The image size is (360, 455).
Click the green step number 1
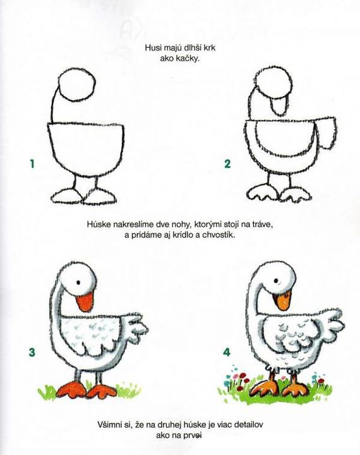(32, 164)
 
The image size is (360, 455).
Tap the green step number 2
(227, 164)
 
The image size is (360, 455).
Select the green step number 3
(32, 352)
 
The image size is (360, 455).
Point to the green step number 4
(227, 352)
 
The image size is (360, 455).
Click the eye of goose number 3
(78, 282)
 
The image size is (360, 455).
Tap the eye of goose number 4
(277, 281)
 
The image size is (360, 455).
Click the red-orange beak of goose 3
(85, 302)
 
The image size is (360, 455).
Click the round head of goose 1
(76, 85)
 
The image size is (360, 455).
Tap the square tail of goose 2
(326, 133)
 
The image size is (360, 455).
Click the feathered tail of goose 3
(135, 329)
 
